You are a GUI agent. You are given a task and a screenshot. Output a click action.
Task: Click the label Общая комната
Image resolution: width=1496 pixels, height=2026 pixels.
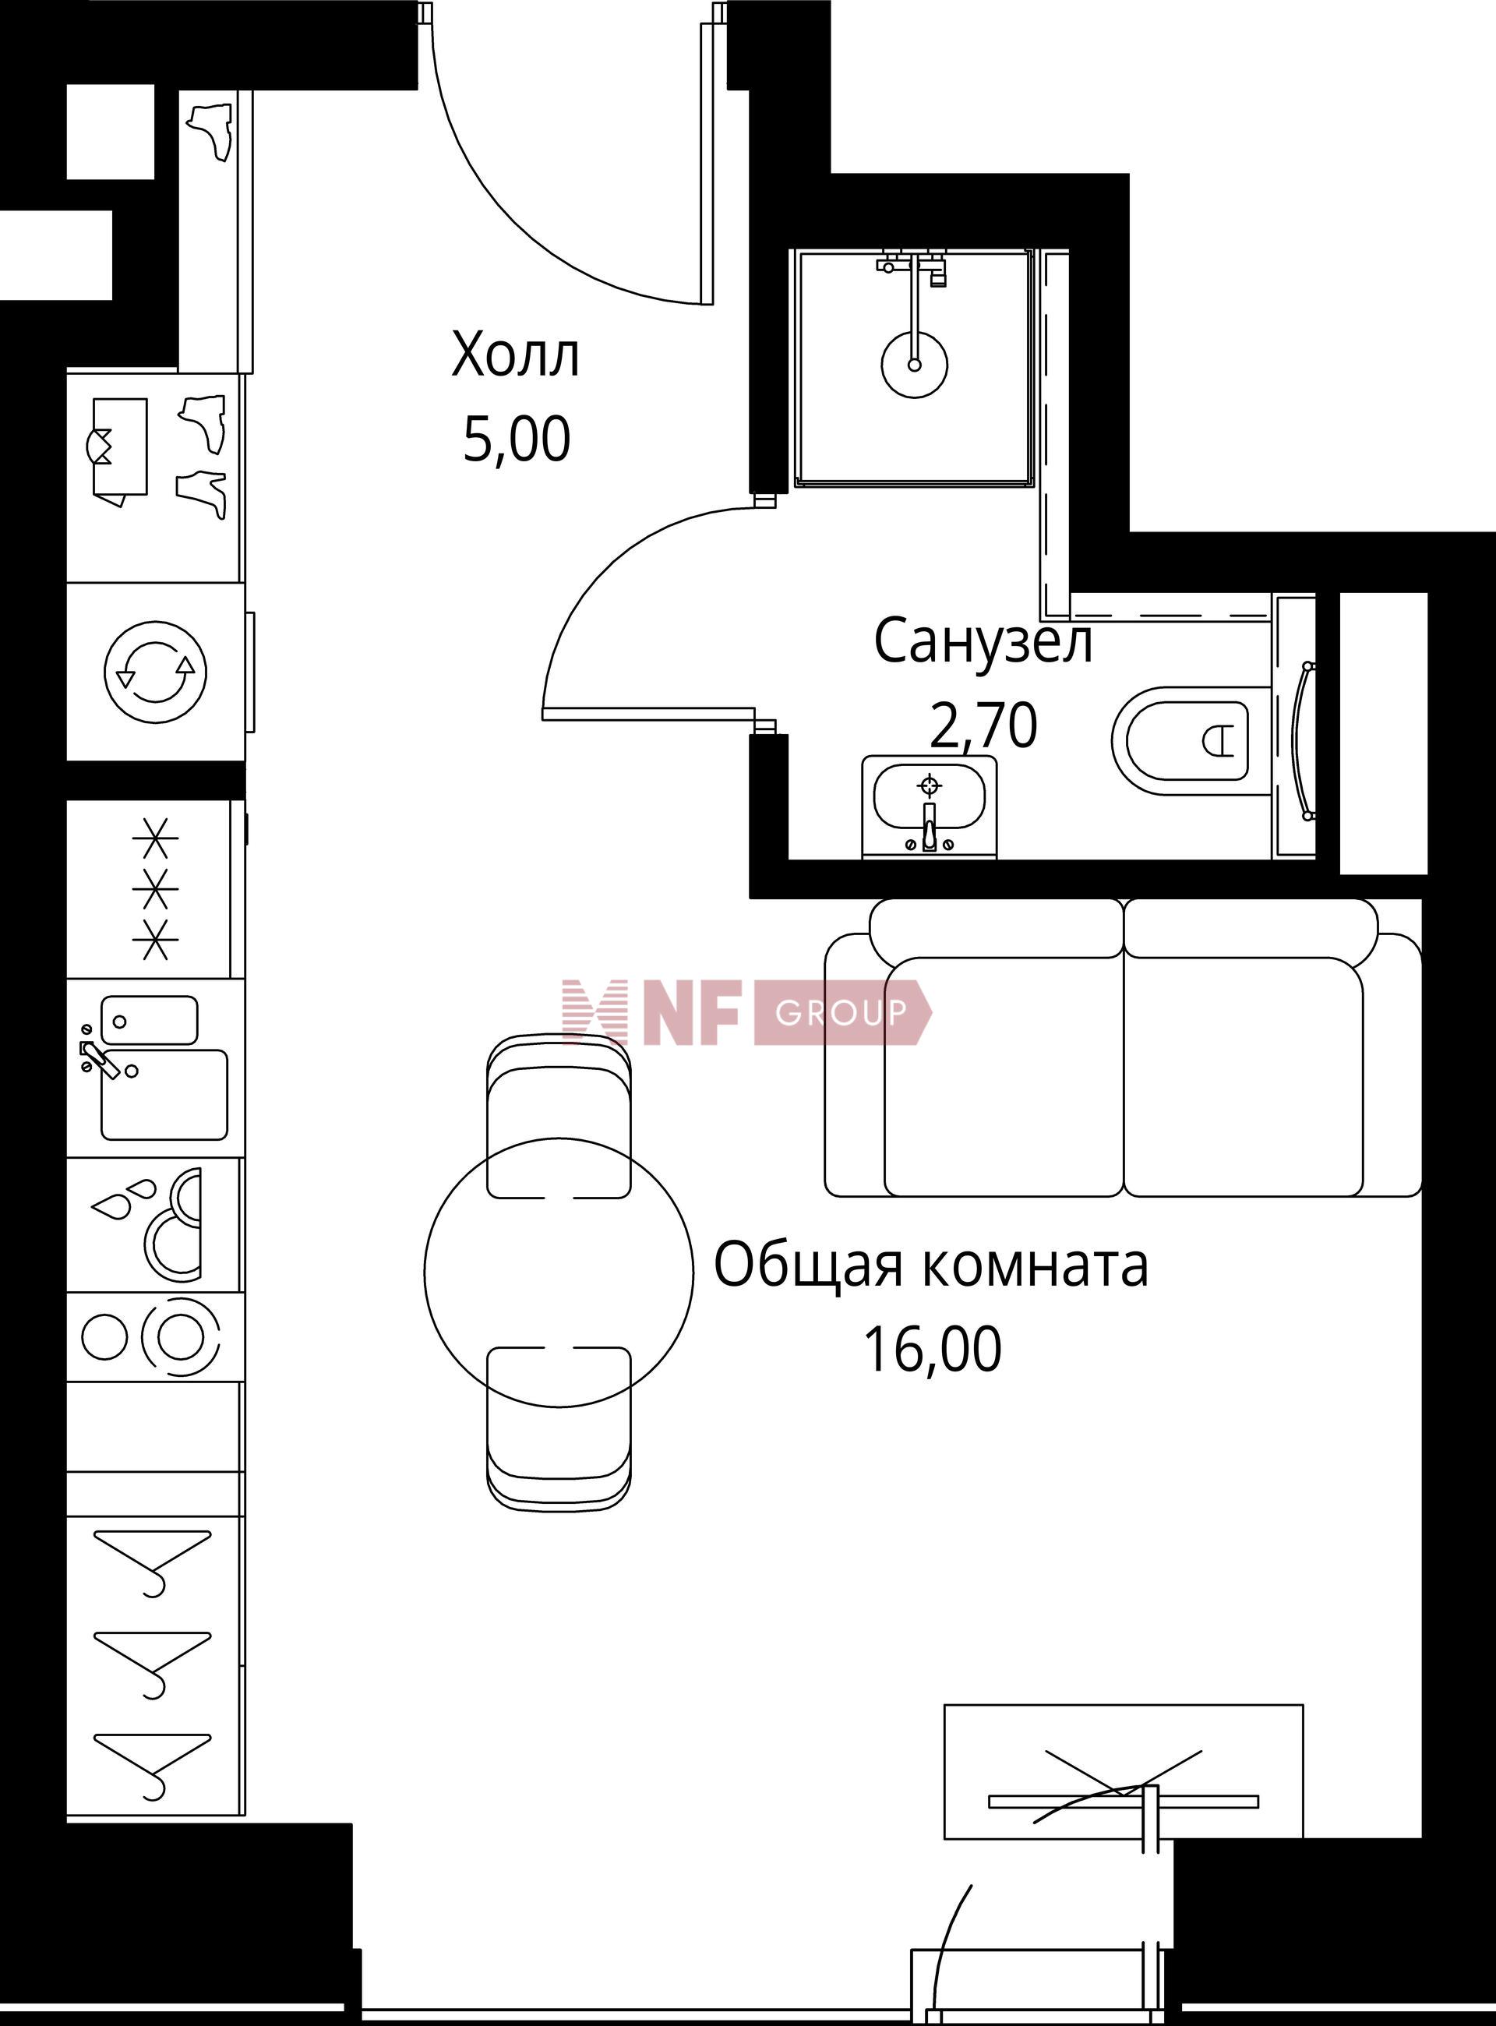pyautogui.click(x=931, y=1265)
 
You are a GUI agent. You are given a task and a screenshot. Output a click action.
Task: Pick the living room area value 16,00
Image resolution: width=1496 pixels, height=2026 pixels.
pyautogui.click(x=933, y=1350)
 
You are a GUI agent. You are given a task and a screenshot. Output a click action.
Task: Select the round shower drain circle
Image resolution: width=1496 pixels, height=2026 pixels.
pyautogui.click(x=915, y=365)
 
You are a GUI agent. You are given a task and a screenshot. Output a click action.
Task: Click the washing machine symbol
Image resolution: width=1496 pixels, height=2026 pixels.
pyautogui.click(x=156, y=672)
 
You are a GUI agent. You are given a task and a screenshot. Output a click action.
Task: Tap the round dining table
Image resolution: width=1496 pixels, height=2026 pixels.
pyautogui.click(x=559, y=1272)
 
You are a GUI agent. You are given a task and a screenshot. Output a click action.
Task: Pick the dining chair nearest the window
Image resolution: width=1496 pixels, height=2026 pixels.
pyautogui.click(x=559, y=1428)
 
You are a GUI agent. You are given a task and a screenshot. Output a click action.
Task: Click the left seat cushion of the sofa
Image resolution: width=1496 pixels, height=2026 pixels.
pyautogui.click(x=1004, y=1076)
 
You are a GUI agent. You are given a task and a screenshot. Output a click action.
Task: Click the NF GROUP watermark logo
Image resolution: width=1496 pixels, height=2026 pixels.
pyautogui.click(x=746, y=1011)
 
